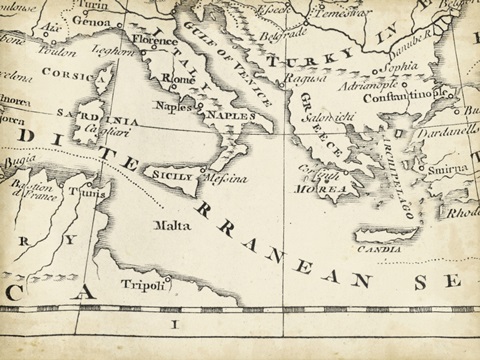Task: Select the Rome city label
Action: [x=177, y=79]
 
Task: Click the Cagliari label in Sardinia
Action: [x=92, y=132]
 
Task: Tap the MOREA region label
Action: [x=335, y=187]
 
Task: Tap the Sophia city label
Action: [x=394, y=70]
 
